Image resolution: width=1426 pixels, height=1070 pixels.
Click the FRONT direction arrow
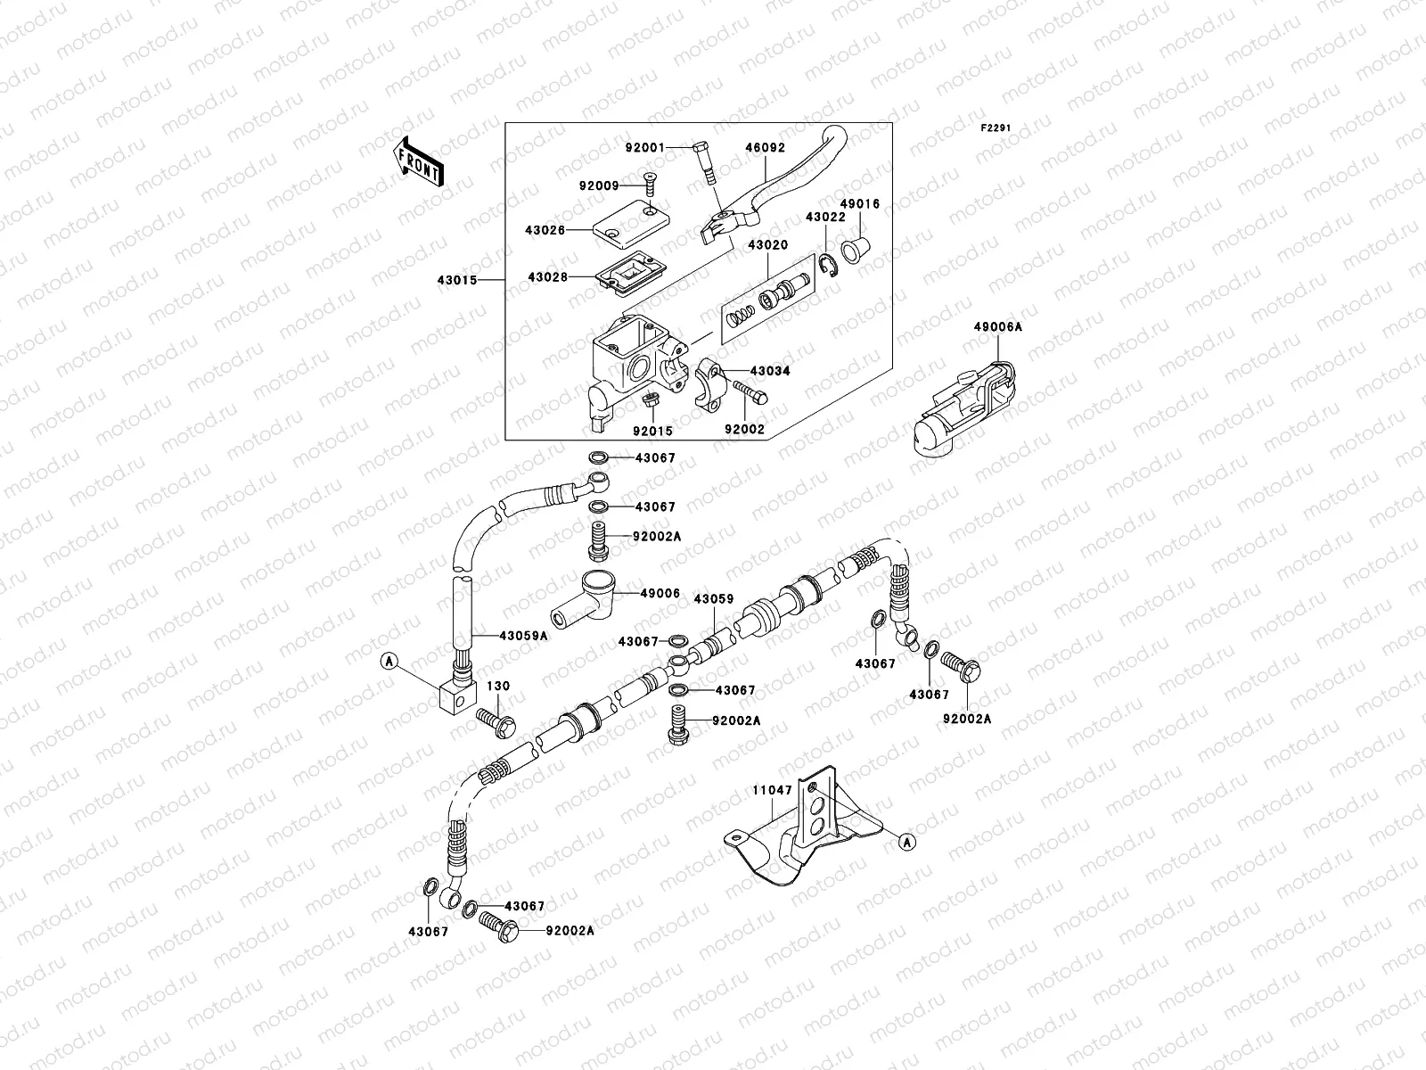tap(418, 161)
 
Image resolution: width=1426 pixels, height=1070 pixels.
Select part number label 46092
tap(765, 149)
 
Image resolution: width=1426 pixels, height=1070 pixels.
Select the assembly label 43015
tap(456, 280)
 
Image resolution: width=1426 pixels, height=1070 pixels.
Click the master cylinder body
tap(633, 366)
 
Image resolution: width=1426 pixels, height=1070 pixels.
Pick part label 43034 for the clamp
tap(770, 370)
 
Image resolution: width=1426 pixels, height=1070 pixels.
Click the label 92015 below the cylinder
tap(652, 431)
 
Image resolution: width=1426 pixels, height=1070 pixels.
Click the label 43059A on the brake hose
tap(523, 636)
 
